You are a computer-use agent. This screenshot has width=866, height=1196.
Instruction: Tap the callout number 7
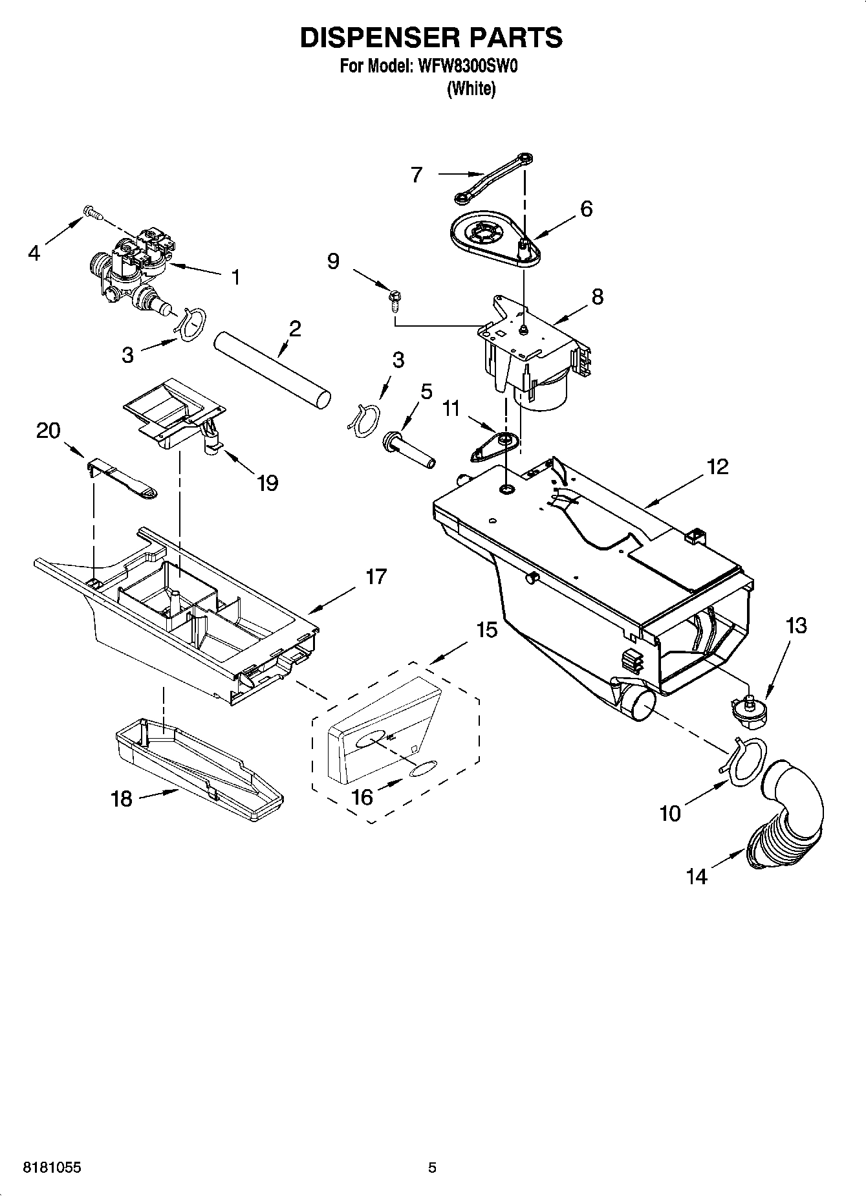[417, 174]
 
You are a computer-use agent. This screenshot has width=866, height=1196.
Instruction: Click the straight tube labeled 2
[272, 370]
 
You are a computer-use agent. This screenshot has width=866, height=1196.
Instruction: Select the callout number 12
[717, 466]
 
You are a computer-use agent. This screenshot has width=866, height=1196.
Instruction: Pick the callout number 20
[48, 430]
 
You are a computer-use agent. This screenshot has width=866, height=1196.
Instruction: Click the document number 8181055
[52, 1168]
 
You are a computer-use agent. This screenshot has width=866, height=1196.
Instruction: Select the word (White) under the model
[471, 89]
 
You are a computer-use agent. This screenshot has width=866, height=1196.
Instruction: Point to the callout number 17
[376, 576]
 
